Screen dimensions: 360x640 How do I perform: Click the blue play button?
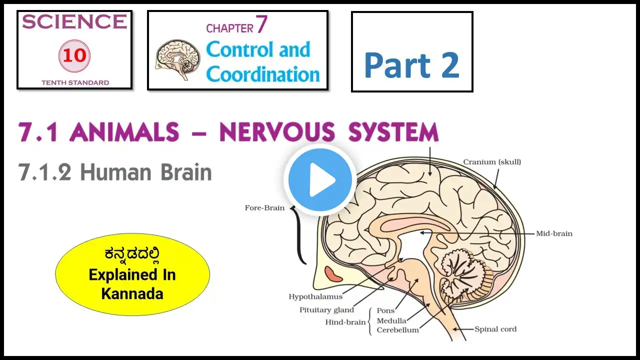320,179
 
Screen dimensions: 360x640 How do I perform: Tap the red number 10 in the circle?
74,55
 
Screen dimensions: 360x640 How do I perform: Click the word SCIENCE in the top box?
74,21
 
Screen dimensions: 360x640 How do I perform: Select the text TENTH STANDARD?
75,82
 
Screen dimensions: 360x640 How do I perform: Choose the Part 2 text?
411,65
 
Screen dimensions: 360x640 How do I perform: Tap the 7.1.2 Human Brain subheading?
115,172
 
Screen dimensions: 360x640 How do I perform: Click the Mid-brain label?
554,233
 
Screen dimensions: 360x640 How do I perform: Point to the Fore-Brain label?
264,207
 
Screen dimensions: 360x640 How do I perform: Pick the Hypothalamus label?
315,297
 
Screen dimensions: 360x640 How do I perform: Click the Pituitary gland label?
326,310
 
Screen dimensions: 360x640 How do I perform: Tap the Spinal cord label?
495,329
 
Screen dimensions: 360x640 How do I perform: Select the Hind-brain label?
345,322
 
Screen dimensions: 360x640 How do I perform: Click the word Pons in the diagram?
385,310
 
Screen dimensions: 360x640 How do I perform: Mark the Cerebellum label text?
397,330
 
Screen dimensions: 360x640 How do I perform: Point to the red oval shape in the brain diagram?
332,273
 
